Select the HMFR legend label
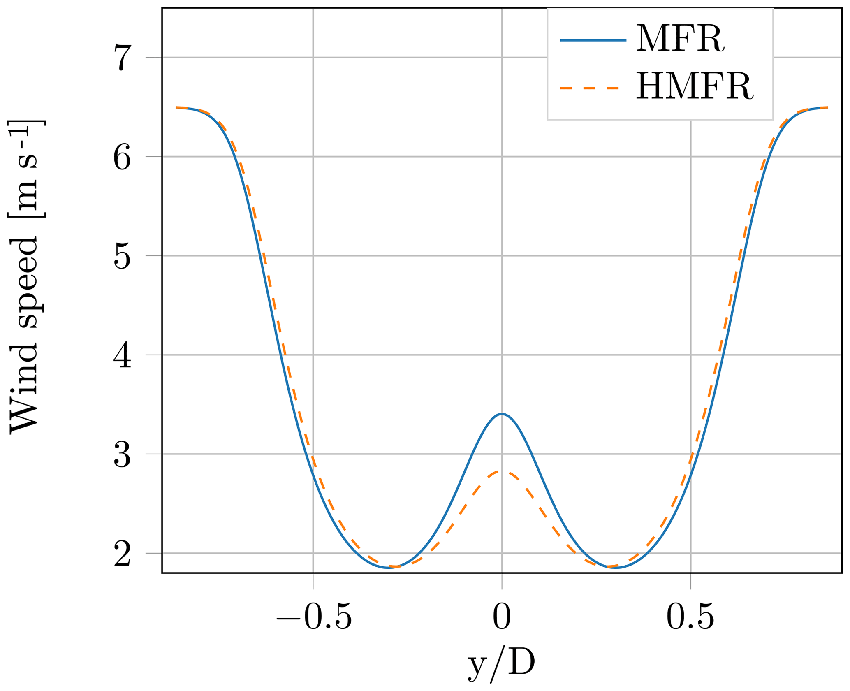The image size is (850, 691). tap(695, 87)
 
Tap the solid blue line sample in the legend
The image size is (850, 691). tap(593, 40)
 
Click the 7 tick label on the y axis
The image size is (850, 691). tap(122, 58)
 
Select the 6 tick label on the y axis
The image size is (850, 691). tap(122, 157)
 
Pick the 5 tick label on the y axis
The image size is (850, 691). tap(122, 256)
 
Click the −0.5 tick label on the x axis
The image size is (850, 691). tap(314, 617)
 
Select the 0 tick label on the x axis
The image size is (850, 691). tap(502, 617)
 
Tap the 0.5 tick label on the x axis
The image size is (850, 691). tap(690, 617)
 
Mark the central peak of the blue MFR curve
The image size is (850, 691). tap(502, 414)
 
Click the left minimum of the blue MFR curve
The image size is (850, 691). tap(389, 568)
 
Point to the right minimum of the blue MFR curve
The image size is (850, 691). tap(615, 568)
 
